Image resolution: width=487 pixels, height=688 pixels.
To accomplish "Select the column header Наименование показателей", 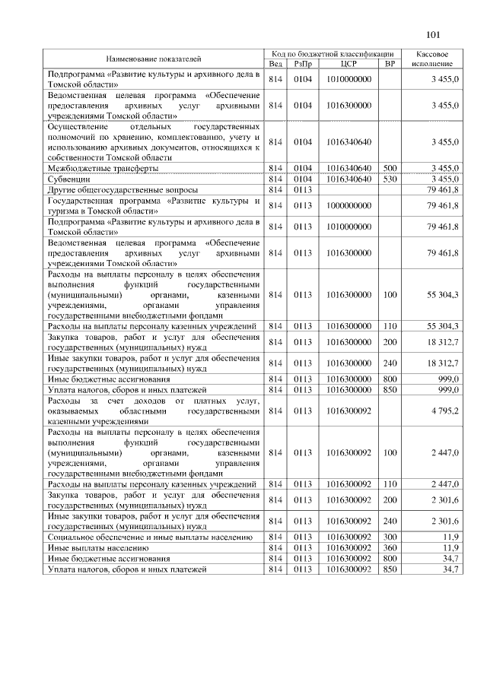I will (153, 59).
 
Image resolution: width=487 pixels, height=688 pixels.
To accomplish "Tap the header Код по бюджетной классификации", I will (333, 54).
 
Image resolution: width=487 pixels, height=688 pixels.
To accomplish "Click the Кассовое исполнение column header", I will (433, 59).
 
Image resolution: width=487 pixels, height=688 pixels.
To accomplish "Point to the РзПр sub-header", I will (304, 64).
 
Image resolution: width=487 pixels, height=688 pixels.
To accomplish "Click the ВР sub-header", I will (390, 64).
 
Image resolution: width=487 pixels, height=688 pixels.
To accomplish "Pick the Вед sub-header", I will (275, 64).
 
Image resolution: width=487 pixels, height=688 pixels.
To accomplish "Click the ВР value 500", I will (390, 167).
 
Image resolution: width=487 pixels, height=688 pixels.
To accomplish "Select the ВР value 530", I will (390, 178).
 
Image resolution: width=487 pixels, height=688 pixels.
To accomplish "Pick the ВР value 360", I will (390, 547).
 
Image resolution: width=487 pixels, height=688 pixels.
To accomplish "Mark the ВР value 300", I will (390, 537).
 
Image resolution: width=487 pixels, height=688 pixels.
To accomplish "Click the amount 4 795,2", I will (444, 411).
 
